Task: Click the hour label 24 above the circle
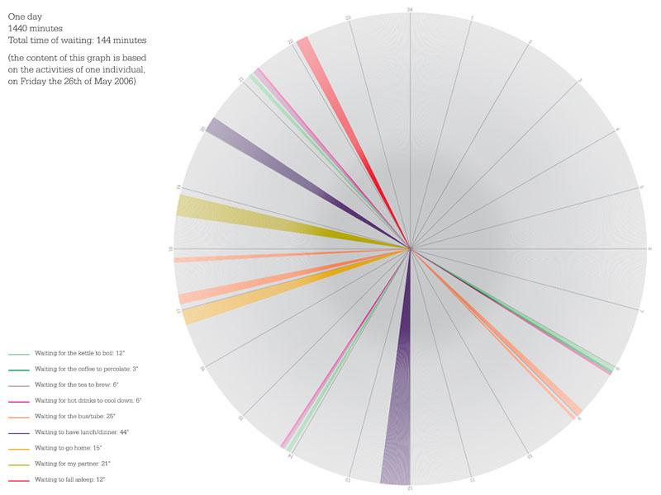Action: pos(410,9)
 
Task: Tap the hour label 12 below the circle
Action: pos(408,488)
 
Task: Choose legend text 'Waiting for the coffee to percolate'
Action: pos(86,369)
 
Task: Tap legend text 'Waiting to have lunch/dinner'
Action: pos(81,431)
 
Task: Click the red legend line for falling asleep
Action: pos(19,479)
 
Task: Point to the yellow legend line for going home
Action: pos(19,448)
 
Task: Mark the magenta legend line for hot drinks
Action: pos(19,401)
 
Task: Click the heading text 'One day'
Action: pos(24,16)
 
